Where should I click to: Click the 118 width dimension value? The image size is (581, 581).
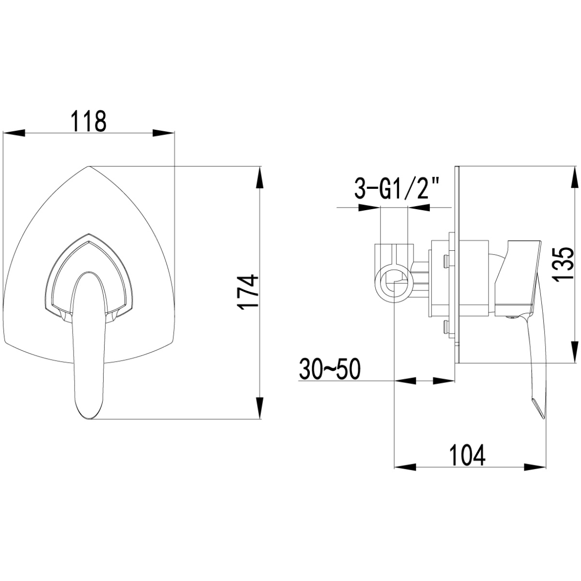click(89, 121)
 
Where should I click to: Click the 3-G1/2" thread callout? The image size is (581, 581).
click(396, 188)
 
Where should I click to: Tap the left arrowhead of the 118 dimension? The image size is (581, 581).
click(14, 133)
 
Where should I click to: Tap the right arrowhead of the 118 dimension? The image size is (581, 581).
click(164, 133)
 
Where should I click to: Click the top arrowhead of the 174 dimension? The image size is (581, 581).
click(260, 177)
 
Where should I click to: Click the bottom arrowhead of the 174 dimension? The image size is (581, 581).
click(260, 408)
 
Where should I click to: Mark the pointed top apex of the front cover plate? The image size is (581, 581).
click(89, 166)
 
